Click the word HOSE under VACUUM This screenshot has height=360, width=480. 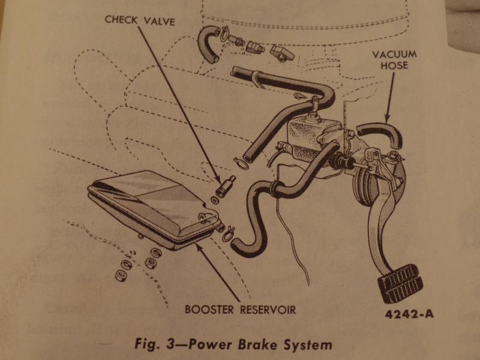point(394,64)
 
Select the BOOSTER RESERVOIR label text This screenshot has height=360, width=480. point(240,310)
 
